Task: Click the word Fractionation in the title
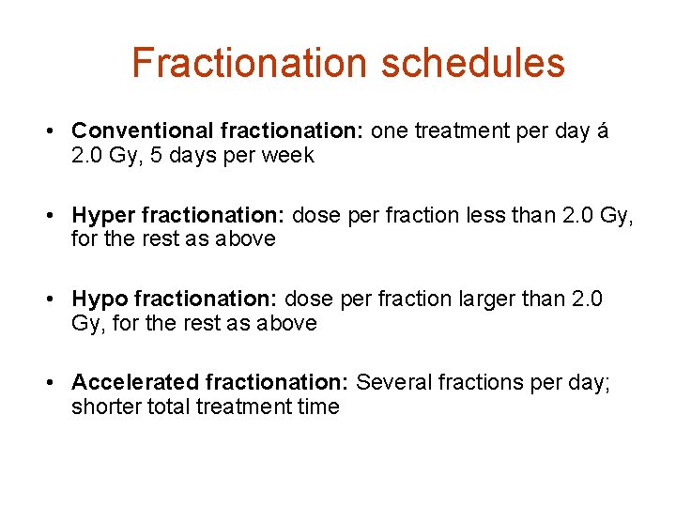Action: (x=250, y=63)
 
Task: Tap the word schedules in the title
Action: (x=473, y=63)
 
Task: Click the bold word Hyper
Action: (x=100, y=216)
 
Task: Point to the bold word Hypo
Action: (x=100, y=300)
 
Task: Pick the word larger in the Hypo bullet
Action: (x=509, y=300)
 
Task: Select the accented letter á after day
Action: (x=602, y=131)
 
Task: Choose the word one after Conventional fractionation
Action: (x=390, y=131)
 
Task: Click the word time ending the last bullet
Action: (x=317, y=407)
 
